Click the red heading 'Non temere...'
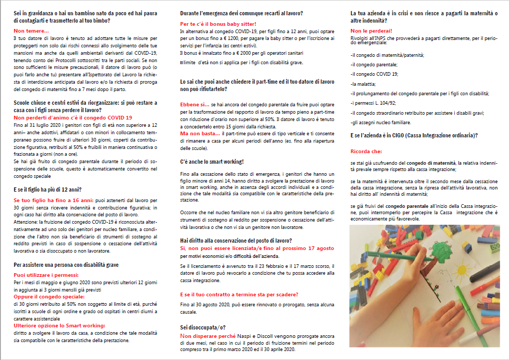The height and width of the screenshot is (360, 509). click(31, 32)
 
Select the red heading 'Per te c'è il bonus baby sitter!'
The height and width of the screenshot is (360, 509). click(218, 24)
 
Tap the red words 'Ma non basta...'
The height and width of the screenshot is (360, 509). click(198, 134)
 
